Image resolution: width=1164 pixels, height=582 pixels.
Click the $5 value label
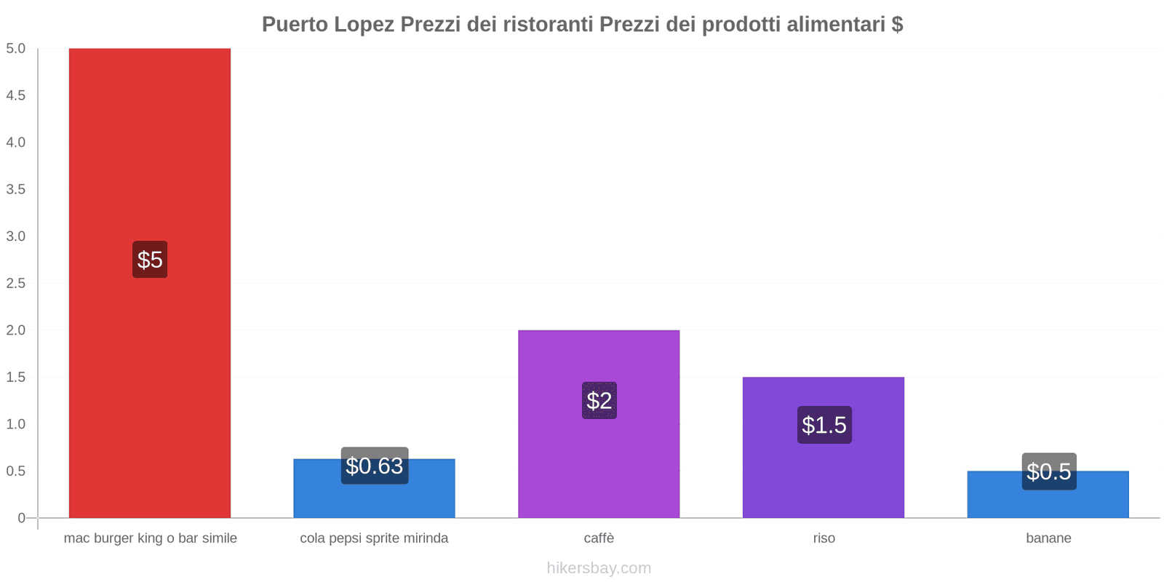click(x=150, y=260)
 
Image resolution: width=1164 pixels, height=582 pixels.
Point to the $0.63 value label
click(x=374, y=466)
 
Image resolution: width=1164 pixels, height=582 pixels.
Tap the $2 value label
click(x=599, y=400)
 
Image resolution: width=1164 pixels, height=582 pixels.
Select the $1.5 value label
click(x=824, y=425)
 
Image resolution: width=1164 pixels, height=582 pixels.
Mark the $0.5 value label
click(x=1048, y=471)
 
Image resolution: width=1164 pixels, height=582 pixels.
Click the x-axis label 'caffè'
click(x=599, y=538)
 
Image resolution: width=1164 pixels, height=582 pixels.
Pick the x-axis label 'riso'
click(x=824, y=538)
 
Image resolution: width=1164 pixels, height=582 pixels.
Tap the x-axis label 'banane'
click(x=1048, y=538)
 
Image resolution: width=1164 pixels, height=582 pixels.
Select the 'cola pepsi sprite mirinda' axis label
click(x=374, y=538)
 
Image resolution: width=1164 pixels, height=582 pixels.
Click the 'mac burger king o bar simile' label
click(x=150, y=538)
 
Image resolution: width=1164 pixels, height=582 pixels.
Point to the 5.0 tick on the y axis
click(x=15, y=49)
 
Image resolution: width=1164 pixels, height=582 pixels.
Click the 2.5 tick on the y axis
click(x=15, y=283)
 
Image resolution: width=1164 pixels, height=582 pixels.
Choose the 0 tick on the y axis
click(x=21, y=518)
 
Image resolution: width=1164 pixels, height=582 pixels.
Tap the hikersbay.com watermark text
click(x=599, y=568)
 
